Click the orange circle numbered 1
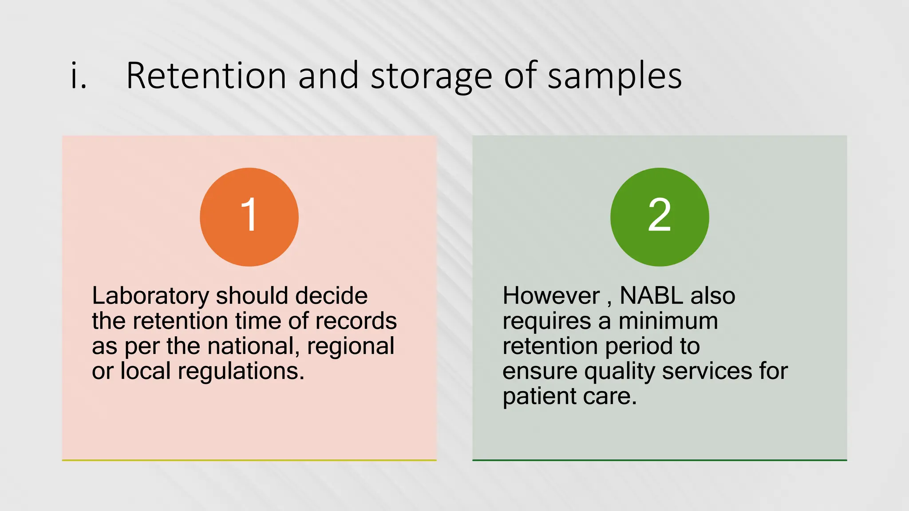[x=249, y=217]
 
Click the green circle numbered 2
[x=660, y=217]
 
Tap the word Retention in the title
[x=206, y=76]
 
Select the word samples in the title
[x=615, y=77]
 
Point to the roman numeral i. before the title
[x=79, y=76]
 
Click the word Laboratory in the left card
[x=150, y=296]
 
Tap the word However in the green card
[x=551, y=296]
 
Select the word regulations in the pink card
[x=241, y=372]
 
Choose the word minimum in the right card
[x=668, y=321]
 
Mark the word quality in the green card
[x=619, y=372]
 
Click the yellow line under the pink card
[x=249, y=460]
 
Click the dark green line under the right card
[x=660, y=460]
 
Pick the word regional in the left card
[x=350, y=346]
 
